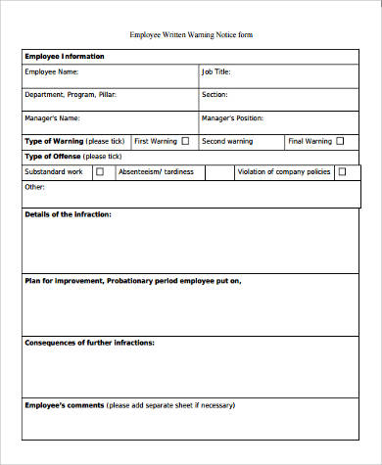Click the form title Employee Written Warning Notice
191,35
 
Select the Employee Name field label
52,72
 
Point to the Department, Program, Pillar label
73,96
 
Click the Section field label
215,96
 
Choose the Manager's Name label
53,118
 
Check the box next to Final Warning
340,141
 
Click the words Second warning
226,141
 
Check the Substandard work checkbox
100,171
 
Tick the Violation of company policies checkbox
342,171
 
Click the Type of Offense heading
53,157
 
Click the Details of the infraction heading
68,213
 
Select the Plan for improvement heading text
131,281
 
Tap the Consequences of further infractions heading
89,343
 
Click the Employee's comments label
63,404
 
